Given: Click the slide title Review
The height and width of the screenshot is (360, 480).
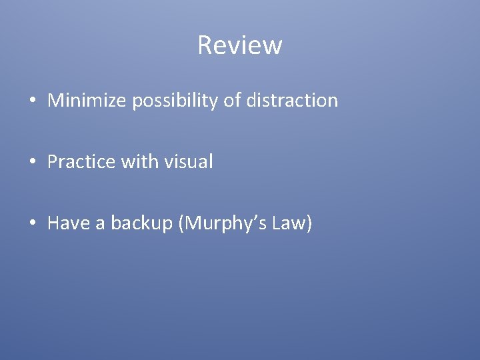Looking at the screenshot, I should [x=240, y=45].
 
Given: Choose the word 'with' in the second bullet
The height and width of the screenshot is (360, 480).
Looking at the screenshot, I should [x=138, y=162].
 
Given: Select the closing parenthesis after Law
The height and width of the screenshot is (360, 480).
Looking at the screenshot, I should [x=308, y=224].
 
